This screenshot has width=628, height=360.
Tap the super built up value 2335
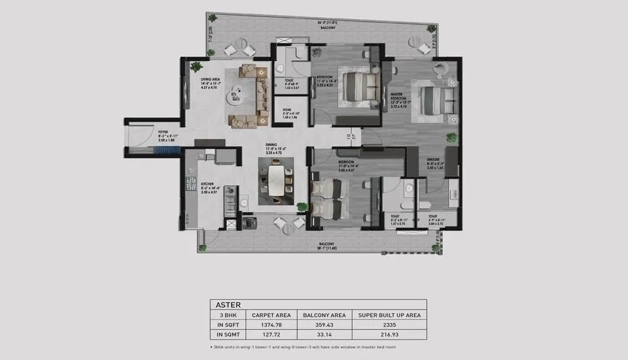tap(390, 325)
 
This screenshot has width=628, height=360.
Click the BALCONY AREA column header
tap(324, 315)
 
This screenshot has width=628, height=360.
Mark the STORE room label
tap(287, 110)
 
